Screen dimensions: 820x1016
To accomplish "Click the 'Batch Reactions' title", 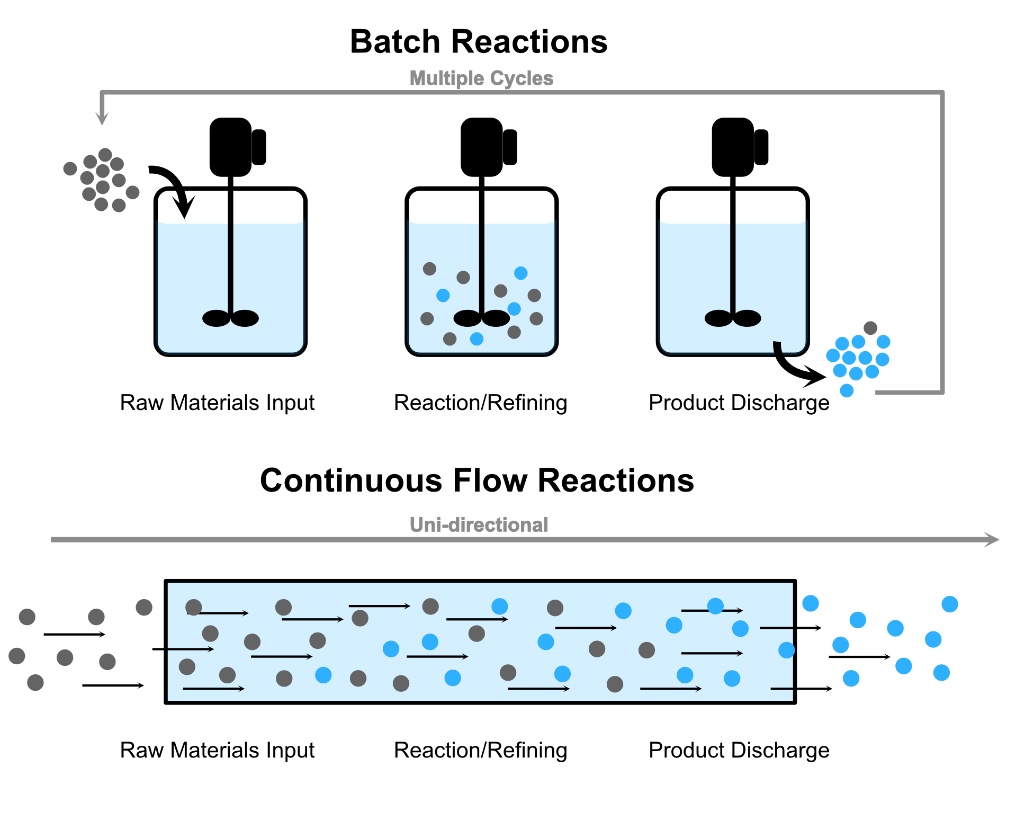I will [479, 42].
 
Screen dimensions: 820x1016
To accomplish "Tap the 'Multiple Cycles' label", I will [481, 78].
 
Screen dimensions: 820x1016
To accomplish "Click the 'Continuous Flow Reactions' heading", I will [476, 480].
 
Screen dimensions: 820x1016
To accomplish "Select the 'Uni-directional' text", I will [479, 524].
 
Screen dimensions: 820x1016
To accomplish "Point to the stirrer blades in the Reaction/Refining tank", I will [481, 318].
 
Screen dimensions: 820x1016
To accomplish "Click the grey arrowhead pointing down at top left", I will [102, 117].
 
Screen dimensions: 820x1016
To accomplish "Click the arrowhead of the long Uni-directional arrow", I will [991, 540].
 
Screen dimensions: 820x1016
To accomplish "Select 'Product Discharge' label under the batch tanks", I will [739, 403].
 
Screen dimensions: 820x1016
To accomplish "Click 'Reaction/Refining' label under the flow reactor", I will [480, 750].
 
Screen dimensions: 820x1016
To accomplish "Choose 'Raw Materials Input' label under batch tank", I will [217, 403].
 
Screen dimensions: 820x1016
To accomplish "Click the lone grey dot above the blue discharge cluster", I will [870, 327].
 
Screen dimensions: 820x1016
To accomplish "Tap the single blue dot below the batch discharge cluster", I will [847, 391].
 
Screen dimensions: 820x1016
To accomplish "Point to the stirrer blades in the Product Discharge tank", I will [733, 318].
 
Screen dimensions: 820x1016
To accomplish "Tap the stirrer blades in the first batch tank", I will [230, 318].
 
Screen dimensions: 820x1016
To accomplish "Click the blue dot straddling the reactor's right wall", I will [786, 650].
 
